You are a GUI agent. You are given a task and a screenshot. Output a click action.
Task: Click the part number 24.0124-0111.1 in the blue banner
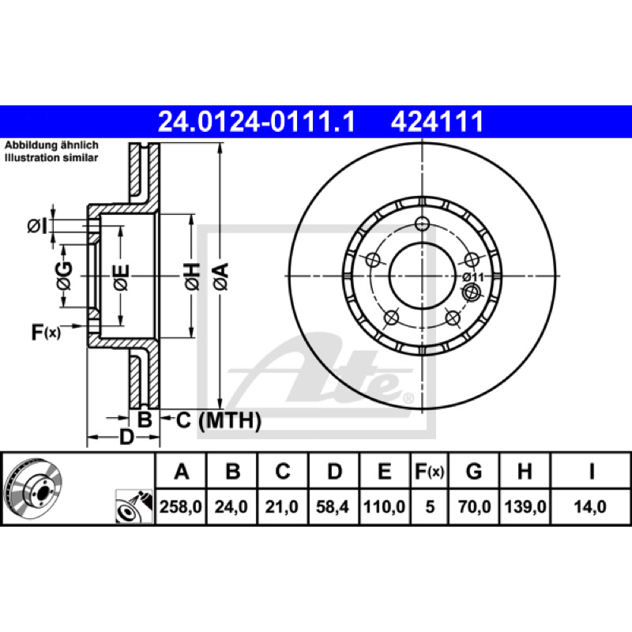(257, 122)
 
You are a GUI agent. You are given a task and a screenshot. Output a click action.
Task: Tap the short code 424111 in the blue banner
(438, 122)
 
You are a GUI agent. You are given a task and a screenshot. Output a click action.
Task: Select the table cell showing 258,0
(181, 506)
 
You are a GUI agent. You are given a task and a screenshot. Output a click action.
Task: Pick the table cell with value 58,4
(333, 506)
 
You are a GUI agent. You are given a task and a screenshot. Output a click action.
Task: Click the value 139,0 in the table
(525, 506)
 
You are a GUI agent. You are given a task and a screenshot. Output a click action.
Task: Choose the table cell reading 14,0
(590, 506)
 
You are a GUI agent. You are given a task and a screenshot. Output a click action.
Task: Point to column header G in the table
(474, 471)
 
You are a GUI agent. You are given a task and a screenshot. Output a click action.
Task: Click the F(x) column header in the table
(430, 471)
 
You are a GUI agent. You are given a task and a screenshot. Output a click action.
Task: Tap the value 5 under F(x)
(430, 506)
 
